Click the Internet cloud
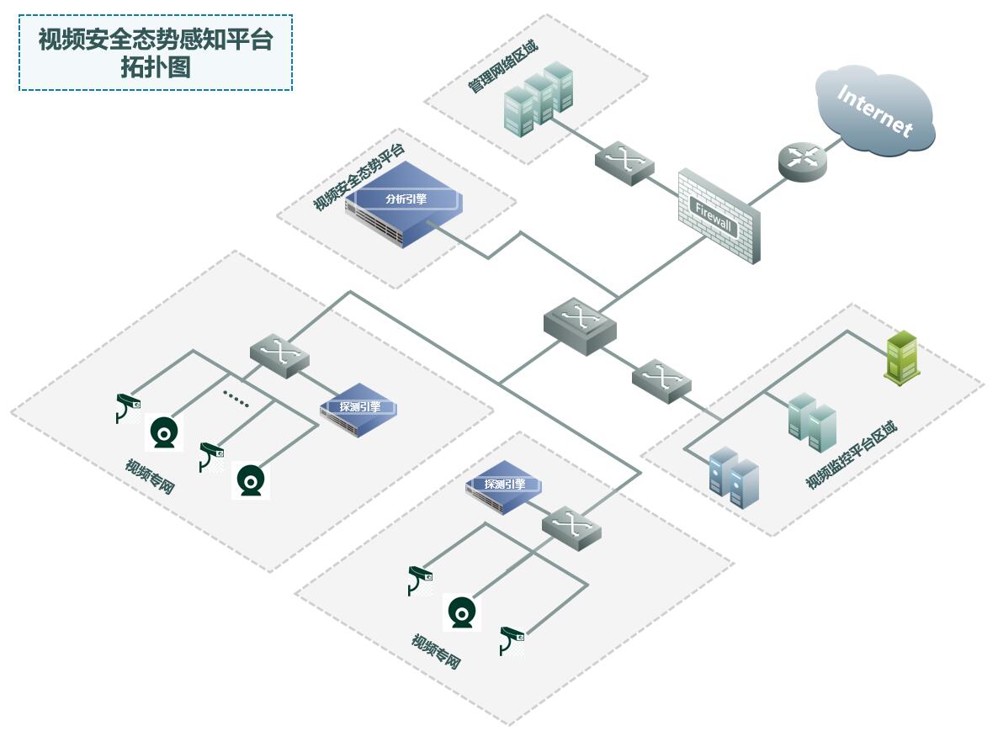pyautogui.click(x=875, y=114)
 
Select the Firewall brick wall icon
pyautogui.click(x=719, y=216)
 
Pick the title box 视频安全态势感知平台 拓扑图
pyautogui.click(x=156, y=52)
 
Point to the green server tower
pyautogui.click(x=900, y=358)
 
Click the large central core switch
pyautogui.click(x=580, y=325)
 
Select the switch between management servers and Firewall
pyautogui.click(x=624, y=162)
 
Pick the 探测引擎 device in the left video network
pyautogui.click(x=358, y=411)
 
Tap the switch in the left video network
pyautogui.click(x=279, y=356)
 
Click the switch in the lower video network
pyautogui.click(x=572, y=527)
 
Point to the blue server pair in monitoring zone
pyautogui.click(x=733, y=477)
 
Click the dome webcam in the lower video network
pyautogui.click(x=461, y=612)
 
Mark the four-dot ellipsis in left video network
pyautogui.click(x=236, y=398)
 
